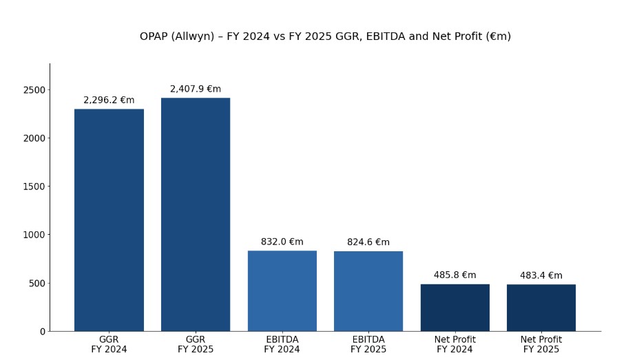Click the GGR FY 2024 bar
tap(109, 220)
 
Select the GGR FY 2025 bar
tap(196, 215)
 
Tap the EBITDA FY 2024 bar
tap(282, 290)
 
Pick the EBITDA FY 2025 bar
tap(368, 291)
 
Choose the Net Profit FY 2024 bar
tap(455, 308)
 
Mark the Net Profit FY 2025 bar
tap(541, 308)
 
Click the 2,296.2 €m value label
tap(109, 100)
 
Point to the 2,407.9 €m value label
tap(196, 89)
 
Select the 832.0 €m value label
tap(282, 242)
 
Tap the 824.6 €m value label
tap(368, 242)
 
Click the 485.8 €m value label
tap(455, 275)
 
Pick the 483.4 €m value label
tap(541, 276)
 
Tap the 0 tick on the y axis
tap(42, 332)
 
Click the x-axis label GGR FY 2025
tap(196, 345)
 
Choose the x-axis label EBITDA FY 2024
tap(282, 345)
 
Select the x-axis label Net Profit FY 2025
tap(541, 345)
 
